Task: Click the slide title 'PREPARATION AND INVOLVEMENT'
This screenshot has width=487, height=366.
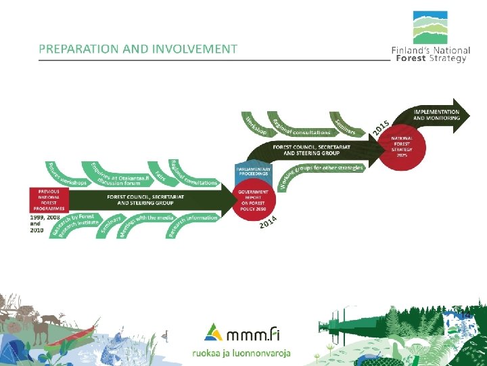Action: tap(137, 49)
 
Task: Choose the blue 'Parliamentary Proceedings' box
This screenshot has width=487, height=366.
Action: tap(253, 172)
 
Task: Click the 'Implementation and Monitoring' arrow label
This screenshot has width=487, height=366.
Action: tap(436, 115)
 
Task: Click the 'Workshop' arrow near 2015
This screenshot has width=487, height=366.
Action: tap(256, 125)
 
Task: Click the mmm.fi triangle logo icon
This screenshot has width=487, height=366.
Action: tap(211, 331)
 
